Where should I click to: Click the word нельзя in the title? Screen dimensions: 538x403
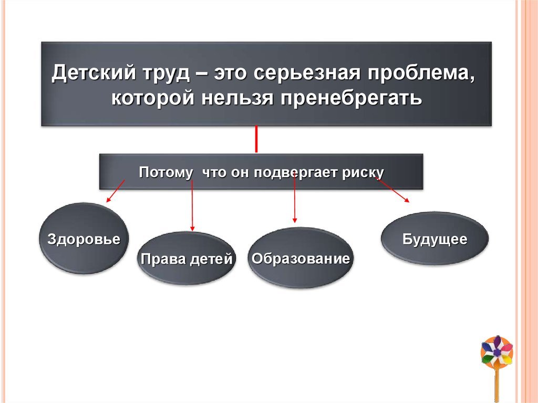(237, 98)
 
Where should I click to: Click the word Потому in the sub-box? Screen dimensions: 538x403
(165, 172)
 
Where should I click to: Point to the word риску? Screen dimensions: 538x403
(363, 173)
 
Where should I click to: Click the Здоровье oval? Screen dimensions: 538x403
(84, 238)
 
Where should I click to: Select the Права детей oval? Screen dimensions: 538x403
(187, 258)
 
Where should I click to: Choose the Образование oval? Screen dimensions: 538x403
(301, 257)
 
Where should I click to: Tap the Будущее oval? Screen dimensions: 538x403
(434, 238)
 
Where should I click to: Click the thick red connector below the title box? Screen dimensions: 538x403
(256, 139)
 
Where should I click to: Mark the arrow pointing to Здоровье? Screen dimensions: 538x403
(115, 191)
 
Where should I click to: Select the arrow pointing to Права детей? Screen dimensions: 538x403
(192, 205)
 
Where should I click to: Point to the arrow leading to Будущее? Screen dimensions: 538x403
(393, 190)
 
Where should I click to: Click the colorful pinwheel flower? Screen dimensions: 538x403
(497, 351)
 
